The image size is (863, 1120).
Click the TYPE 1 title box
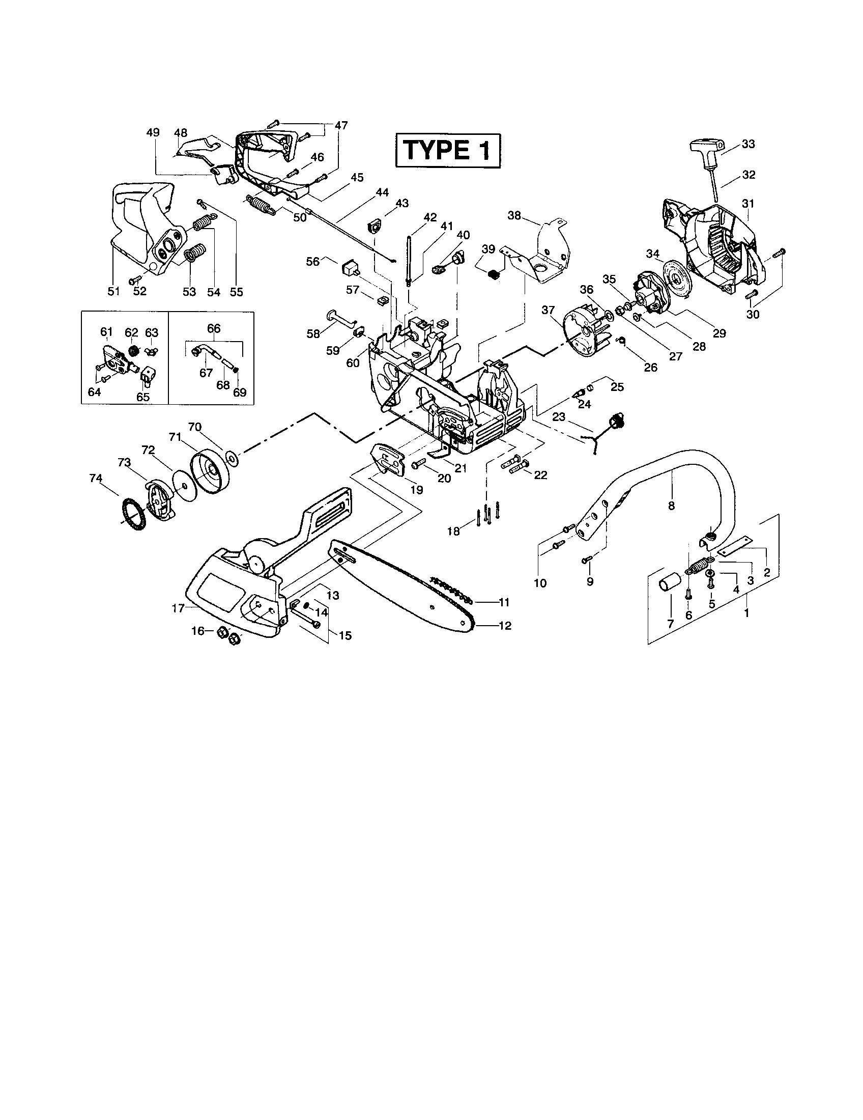point(447,150)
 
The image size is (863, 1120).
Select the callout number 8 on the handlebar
point(671,506)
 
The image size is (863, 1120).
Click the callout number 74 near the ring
point(95,478)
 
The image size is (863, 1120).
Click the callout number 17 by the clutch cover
point(178,608)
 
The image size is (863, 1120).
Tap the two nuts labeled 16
point(227,635)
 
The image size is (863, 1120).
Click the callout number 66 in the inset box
point(214,328)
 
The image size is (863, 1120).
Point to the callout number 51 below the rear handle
point(113,291)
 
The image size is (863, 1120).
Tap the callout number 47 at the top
point(341,125)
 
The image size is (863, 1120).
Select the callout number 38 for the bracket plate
point(514,215)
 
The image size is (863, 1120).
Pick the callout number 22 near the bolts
point(540,475)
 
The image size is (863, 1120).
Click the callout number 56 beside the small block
point(312,261)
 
